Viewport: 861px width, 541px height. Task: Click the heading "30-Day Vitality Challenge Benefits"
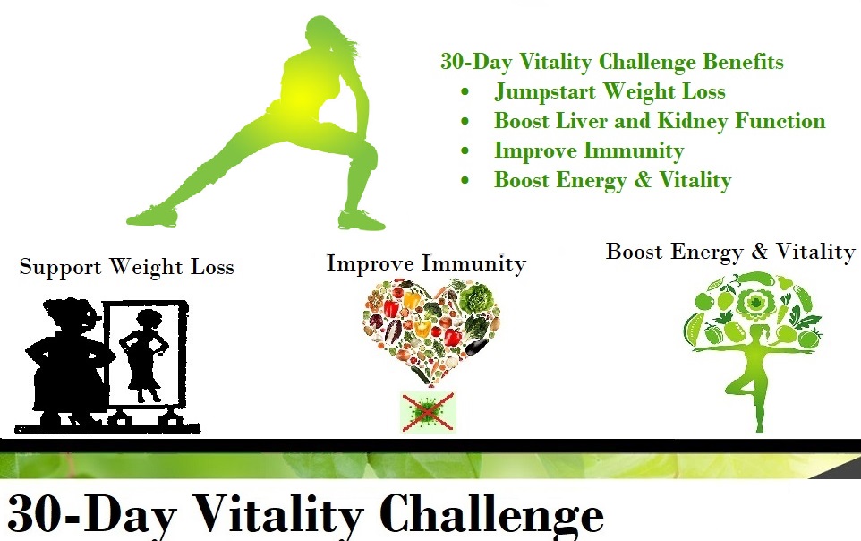click(x=611, y=62)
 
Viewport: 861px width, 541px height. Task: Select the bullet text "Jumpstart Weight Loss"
click(x=610, y=91)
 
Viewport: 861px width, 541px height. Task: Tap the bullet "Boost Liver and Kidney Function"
click(x=660, y=121)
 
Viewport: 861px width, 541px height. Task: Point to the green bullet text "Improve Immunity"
click(x=589, y=150)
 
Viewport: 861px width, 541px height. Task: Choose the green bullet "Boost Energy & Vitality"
click(x=612, y=180)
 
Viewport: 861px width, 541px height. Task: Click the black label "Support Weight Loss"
click(x=126, y=267)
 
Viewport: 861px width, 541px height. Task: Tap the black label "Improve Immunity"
click(x=426, y=263)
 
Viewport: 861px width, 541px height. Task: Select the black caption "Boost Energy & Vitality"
click(x=730, y=252)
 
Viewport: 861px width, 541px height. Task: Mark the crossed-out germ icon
click(x=428, y=412)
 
